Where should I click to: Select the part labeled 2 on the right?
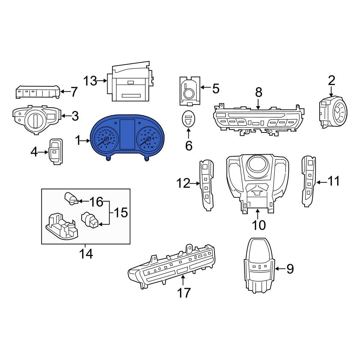pyautogui.click(x=333, y=112)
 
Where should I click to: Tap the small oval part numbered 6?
pyautogui.click(x=189, y=119)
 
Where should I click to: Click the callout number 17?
pyautogui.click(x=184, y=293)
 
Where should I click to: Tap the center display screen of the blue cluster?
pyautogui.click(x=127, y=134)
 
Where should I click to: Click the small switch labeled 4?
pyautogui.click(x=55, y=152)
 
